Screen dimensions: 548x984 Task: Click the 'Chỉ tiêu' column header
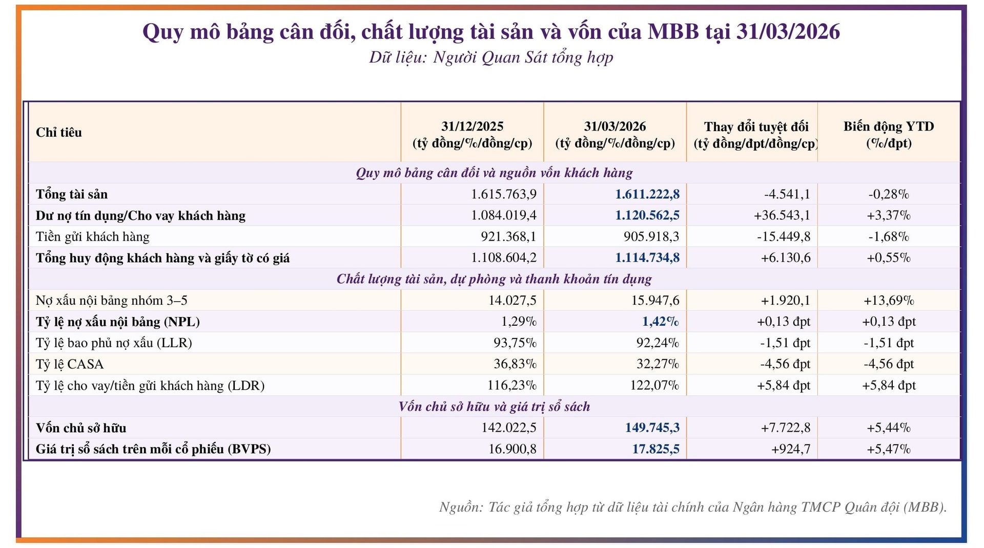[59, 133]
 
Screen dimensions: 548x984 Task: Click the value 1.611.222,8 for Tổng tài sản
[647, 194]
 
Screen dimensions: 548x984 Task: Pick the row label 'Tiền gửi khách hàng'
[93, 237]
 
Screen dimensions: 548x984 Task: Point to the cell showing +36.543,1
[782, 215]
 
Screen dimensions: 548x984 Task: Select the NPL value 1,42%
[660, 322]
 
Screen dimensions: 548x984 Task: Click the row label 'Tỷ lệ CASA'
[70, 364]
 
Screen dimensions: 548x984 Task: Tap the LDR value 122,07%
[654, 385]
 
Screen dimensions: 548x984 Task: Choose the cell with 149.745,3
[652, 428]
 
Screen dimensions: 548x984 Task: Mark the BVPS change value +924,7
[790, 449]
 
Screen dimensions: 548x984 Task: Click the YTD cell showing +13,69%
[889, 300]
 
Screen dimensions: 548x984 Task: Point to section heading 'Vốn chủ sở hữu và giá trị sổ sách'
[494, 407]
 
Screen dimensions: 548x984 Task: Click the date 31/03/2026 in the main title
[788, 32]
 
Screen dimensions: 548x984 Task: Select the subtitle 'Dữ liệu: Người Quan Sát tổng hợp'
[491, 57]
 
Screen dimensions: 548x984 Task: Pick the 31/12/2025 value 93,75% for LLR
[515, 343]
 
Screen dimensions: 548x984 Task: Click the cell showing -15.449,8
[783, 237]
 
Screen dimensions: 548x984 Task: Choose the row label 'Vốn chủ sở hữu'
[81, 428]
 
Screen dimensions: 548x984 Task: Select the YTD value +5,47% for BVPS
[889, 449]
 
